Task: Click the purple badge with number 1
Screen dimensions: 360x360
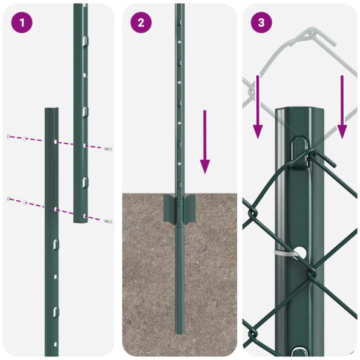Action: (22, 23)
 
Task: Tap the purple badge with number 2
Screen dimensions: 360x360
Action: (141, 23)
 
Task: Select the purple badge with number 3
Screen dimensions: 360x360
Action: (261, 23)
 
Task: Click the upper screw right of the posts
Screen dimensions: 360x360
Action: (108, 148)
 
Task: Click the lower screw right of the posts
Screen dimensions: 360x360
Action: (108, 221)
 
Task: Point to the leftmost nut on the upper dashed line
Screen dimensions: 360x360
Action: (8, 136)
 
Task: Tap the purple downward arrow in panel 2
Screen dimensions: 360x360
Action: (206, 142)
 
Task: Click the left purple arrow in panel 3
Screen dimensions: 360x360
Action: (258, 106)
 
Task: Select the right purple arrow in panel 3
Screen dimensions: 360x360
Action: (342, 106)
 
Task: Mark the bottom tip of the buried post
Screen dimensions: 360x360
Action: (180, 332)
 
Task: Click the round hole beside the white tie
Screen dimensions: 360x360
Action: (301, 250)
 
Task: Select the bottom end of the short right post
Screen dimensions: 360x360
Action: (81, 221)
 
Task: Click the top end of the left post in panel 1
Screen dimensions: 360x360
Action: (51, 110)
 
